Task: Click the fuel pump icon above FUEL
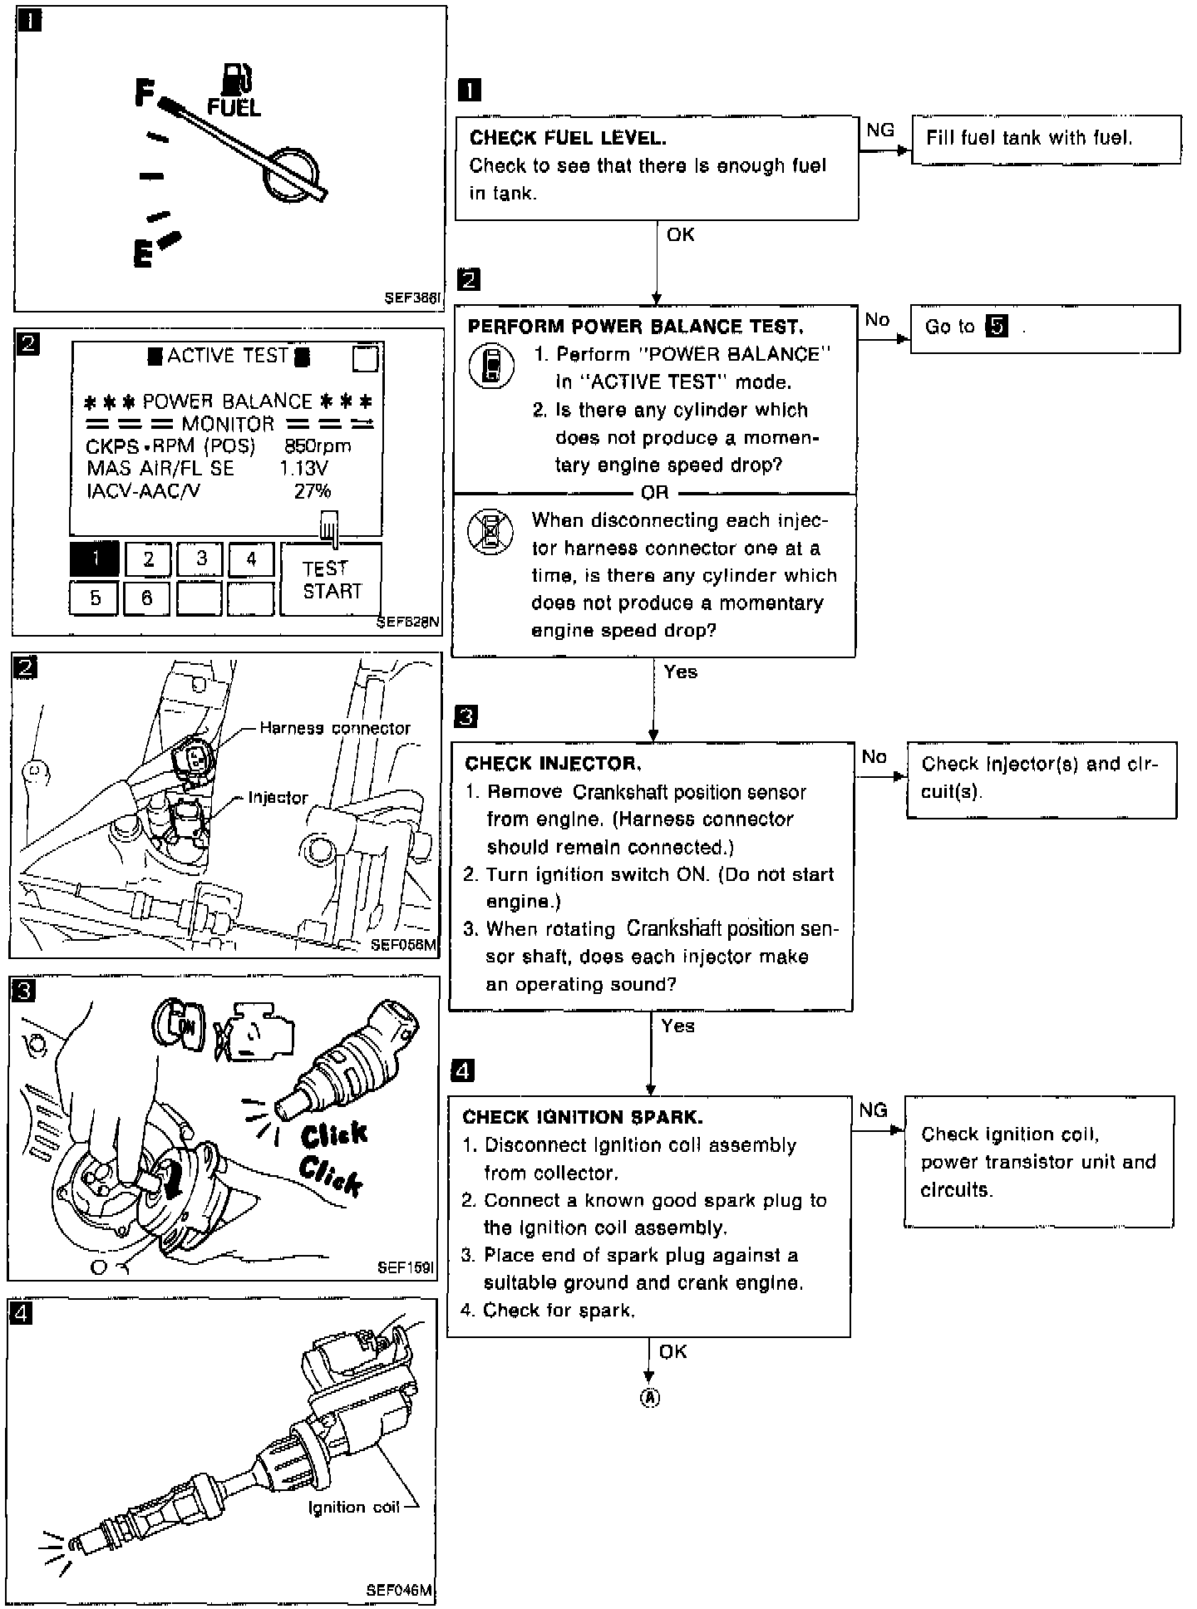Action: click(x=237, y=78)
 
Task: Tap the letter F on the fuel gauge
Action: click(x=145, y=92)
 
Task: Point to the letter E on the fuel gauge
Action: click(x=143, y=253)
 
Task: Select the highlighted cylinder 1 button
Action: click(x=95, y=558)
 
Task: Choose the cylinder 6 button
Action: click(x=147, y=598)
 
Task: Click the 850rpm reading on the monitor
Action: click(x=318, y=446)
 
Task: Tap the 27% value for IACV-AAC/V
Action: click(x=313, y=491)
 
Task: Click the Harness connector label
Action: click(x=335, y=728)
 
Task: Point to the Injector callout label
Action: click(x=278, y=798)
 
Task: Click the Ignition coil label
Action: click(x=353, y=1507)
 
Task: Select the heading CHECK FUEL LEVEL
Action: click(x=568, y=138)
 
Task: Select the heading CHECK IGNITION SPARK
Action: click(x=583, y=1117)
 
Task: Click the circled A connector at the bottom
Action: click(x=649, y=1398)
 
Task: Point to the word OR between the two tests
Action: click(x=654, y=493)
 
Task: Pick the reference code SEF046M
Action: click(x=399, y=1590)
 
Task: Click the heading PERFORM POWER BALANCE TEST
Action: click(x=635, y=327)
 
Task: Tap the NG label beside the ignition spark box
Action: click(x=873, y=1110)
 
